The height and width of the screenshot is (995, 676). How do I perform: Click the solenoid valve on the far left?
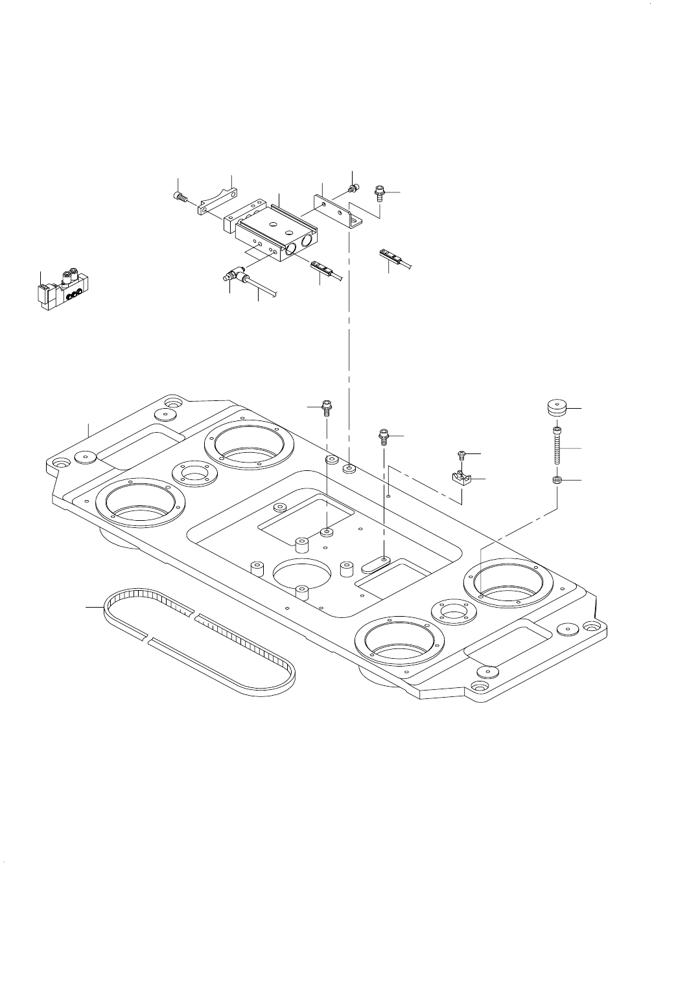coord(63,293)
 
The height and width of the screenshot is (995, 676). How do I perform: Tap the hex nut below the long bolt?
coord(556,480)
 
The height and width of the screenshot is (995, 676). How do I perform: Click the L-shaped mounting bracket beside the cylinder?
coord(338,209)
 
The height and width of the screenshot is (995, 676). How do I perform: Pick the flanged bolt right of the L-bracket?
coord(379,192)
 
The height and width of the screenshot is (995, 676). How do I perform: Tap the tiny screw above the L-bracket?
coord(354,189)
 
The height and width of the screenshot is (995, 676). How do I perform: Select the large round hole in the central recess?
coord(300,573)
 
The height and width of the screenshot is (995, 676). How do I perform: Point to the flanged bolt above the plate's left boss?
coord(327,409)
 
